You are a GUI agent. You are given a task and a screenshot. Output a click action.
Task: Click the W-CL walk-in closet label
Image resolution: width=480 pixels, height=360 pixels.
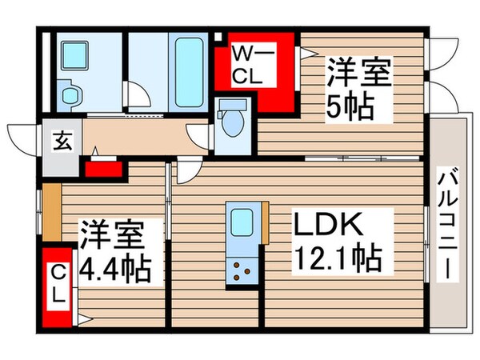254,66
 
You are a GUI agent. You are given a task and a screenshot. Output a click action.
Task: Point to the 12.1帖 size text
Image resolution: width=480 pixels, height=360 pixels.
335,258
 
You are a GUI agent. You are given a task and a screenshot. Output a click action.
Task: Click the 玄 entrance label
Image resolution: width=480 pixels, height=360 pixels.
62,143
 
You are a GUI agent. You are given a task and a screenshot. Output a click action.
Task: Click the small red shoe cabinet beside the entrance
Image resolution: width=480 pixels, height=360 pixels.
102,169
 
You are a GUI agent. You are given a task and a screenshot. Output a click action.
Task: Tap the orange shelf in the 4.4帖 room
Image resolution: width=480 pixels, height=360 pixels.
52,212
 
